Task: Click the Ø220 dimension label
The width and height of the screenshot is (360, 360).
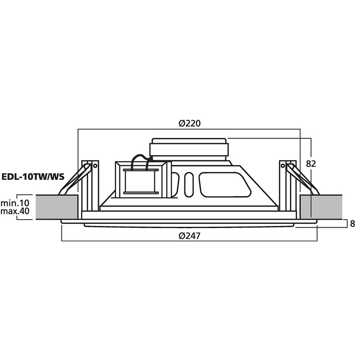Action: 189,123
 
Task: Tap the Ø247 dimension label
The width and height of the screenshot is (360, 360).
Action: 189,235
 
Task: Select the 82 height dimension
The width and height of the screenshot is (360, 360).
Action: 311,164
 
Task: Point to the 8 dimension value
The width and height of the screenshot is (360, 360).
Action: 352,224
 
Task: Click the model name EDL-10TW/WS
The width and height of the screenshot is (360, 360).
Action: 33,177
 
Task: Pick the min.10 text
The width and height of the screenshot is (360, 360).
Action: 15,203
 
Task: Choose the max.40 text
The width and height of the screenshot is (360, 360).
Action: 15,211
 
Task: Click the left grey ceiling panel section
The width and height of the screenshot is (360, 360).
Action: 57,207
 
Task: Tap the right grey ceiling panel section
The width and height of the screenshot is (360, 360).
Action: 321,207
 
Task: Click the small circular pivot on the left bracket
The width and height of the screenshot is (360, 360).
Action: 95,166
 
